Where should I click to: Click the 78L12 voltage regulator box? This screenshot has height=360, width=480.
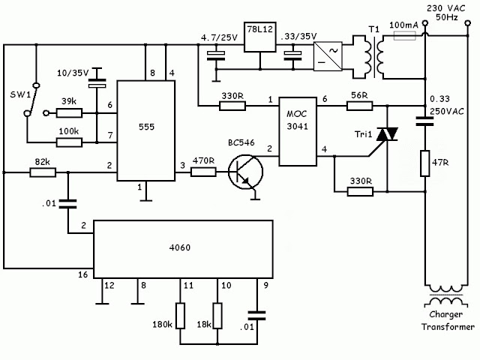coord(260,37)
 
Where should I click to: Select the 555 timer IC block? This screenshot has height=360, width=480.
coord(146,130)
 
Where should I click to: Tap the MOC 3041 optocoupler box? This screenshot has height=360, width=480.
coord(298,132)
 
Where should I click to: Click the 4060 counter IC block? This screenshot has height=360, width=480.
coord(183,249)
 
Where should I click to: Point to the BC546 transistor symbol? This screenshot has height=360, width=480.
coord(245,172)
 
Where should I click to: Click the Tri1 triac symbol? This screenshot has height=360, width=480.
coord(387,135)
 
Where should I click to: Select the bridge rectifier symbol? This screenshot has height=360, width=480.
coord(328,57)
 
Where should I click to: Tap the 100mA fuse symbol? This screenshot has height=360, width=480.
coord(404,36)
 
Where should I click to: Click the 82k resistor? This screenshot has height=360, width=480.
coord(43,172)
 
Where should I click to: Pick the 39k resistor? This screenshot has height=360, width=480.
coord(69,113)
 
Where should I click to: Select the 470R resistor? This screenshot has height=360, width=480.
coord(203,172)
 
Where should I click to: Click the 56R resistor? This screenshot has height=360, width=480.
coord(360,106)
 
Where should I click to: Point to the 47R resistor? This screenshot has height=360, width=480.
coord(425,163)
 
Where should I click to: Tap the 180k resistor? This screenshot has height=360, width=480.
coord(180,316)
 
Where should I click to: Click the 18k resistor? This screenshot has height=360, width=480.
coord(217,316)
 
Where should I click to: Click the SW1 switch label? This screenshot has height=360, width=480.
coord(20,94)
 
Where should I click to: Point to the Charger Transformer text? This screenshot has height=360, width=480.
coord(448,320)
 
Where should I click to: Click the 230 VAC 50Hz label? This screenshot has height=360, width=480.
coord(446,13)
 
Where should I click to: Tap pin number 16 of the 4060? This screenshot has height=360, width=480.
coord(83,274)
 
